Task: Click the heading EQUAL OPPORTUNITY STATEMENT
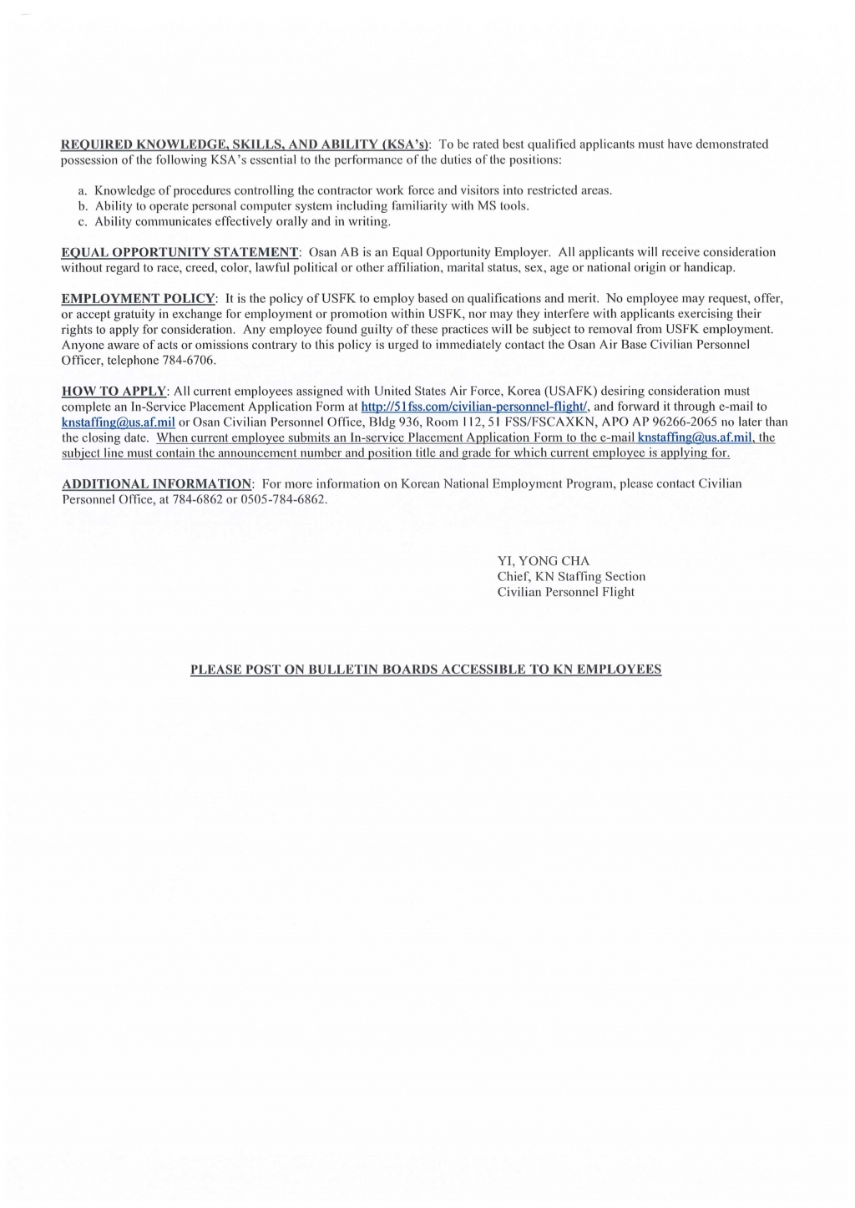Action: point(180,252)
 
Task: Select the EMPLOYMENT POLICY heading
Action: point(139,298)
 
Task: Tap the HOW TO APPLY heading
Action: point(115,391)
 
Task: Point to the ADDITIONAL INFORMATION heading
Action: point(157,484)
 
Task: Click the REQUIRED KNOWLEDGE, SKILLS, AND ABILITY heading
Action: point(245,144)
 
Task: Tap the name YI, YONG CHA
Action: point(544,561)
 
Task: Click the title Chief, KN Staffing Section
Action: point(571,577)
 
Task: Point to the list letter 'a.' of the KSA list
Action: point(83,190)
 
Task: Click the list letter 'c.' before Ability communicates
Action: point(83,221)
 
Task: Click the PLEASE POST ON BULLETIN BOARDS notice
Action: point(426,670)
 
